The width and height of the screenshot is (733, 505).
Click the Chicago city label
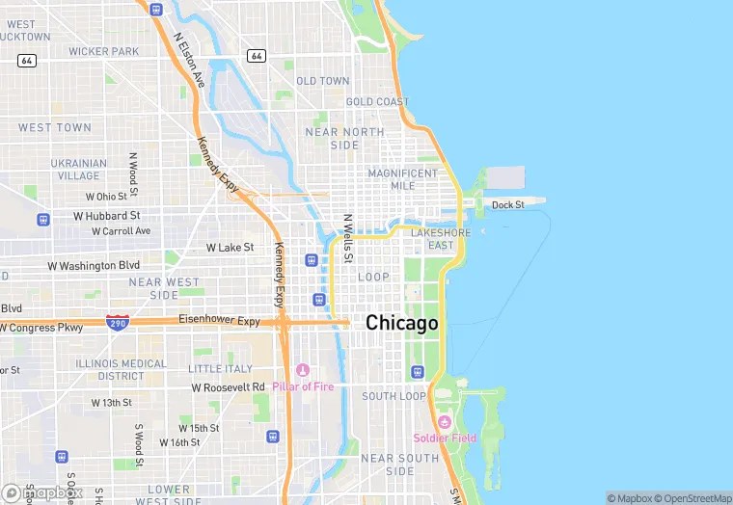pyautogui.click(x=401, y=324)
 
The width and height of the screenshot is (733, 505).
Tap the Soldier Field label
pyautogui.click(x=445, y=439)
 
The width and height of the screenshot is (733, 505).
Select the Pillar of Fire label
pyautogui.click(x=303, y=386)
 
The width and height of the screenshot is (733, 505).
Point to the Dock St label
pyautogui.click(x=507, y=204)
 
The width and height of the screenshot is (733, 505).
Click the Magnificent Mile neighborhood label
pyautogui.click(x=403, y=179)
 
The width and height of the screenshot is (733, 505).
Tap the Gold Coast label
pyautogui.click(x=377, y=102)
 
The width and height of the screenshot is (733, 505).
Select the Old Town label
pyautogui.click(x=323, y=81)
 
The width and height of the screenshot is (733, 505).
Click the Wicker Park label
pyautogui.click(x=103, y=51)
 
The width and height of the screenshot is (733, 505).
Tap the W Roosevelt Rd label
pyautogui.click(x=228, y=387)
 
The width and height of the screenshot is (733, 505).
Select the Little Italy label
pyautogui.click(x=220, y=369)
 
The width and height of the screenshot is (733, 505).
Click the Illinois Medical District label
pyautogui.click(x=121, y=369)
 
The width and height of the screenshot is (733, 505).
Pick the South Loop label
pyautogui.click(x=394, y=396)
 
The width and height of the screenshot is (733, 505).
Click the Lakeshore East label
pyautogui.click(x=441, y=239)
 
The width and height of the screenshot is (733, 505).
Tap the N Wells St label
pyautogui.click(x=349, y=237)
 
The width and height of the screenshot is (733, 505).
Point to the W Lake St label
pyautogui.click(x=230, y=248)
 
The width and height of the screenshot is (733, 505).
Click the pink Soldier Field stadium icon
pyautogui.click(x=445, y=422)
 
